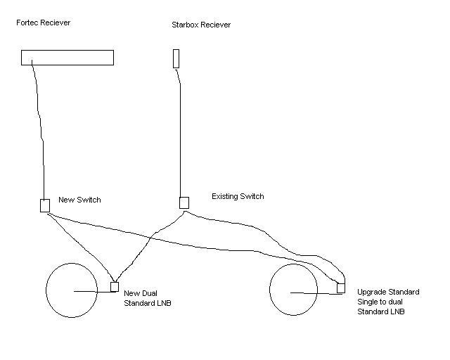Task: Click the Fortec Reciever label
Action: coord(44,22)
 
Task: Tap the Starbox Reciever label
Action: coord(201,25)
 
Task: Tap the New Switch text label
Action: coord(79,200)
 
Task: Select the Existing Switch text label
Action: coord(238,196)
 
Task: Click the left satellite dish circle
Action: coord(46,290)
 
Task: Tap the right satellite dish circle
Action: coord(269,290)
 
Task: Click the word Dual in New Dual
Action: coord(149,293)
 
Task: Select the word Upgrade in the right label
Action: coord(371,292)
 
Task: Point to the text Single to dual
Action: coord(380,302)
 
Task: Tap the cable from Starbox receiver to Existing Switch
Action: coord(180,132)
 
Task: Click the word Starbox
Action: coord(185,25)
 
